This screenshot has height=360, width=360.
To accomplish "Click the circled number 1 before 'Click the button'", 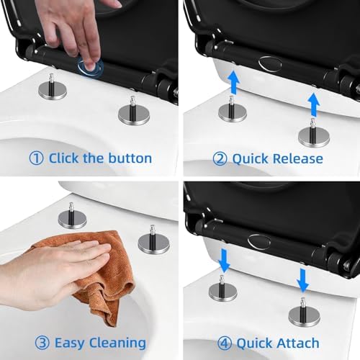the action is point(36,158).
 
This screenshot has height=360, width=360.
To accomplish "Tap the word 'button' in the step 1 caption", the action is point(130,158).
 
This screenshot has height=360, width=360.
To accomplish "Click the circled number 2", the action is point(220,159).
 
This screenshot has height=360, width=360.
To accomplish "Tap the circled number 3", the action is point(42,343).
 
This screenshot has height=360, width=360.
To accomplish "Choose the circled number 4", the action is point(225,343).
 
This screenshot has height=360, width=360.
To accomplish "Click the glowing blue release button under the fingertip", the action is point(90,68).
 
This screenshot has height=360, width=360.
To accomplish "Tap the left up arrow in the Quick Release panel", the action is point(234,81).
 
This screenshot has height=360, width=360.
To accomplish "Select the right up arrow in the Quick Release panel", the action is point(314,105).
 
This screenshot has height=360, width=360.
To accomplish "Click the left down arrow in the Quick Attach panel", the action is point(224,261).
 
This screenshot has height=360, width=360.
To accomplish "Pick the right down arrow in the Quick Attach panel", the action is point(303,280).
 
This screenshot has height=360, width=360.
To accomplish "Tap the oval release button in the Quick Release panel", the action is point(270,63).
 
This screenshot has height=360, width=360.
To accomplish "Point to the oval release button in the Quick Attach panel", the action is point(259,242).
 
